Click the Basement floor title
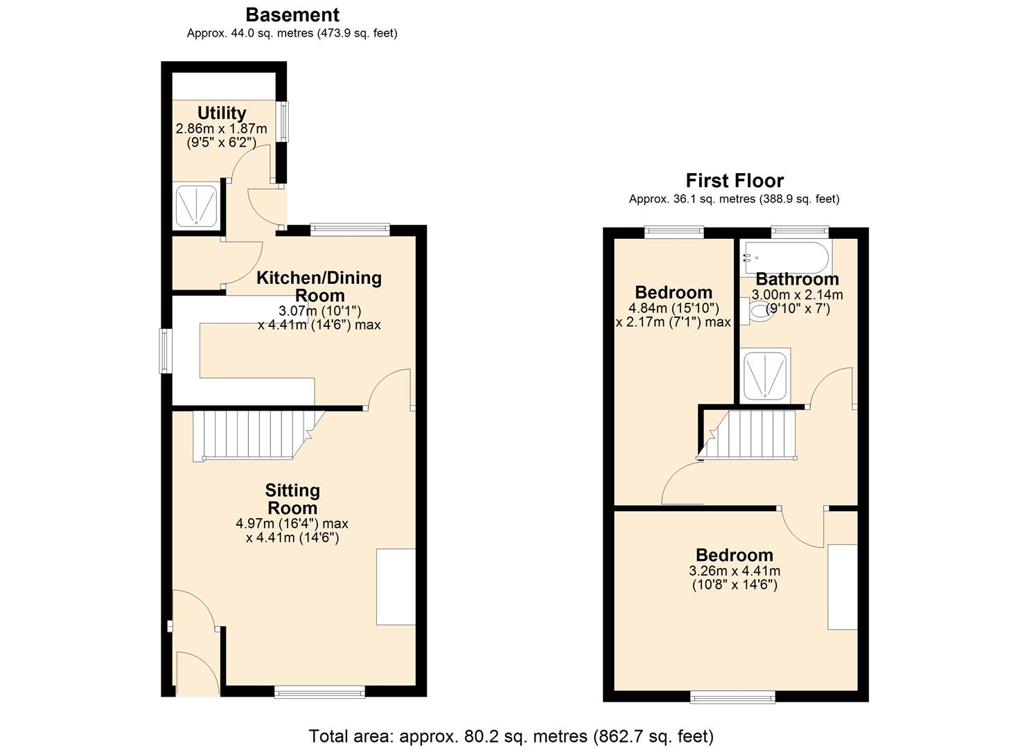tap(292, 15)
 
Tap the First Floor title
tap(735, 181)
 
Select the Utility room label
tap(222, 113)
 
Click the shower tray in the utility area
tap(197, 206)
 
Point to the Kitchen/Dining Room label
tap(319, 286)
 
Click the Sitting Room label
tap(292, 499)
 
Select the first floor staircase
tap(752, 434)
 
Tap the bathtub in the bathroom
tap(785, 258)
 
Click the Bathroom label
tap(797, 279)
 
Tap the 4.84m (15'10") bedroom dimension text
tap(674, 308)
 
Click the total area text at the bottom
tap(511, 736)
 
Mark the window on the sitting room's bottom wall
tap(319, 691)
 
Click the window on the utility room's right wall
tap(283, 122)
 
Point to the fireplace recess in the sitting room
tap(396, 587)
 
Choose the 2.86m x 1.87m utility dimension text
tap(222, 129)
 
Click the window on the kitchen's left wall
tap(166, 351)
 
